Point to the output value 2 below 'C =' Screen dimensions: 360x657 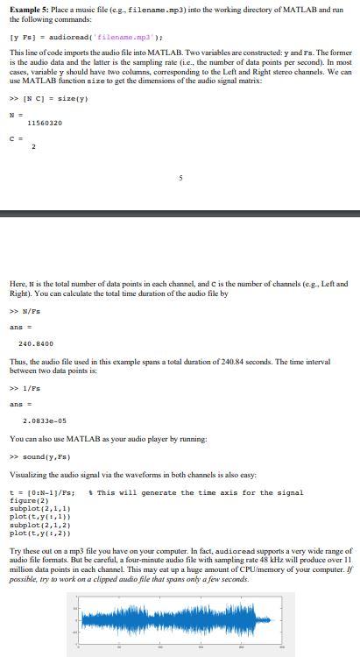pos(34,146)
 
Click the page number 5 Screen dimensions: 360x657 pos(180,178)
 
